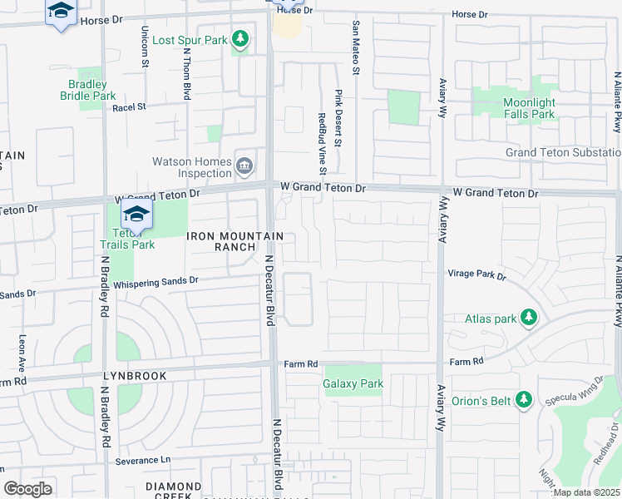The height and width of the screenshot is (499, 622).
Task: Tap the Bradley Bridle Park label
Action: coord(88,90)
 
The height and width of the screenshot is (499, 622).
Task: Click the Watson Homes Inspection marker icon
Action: coord(245,165)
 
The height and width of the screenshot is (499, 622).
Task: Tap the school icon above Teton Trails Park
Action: coord(136,215)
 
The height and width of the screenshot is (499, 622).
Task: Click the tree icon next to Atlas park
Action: coord(527,317)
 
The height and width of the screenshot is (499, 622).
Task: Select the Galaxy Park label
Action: coord(353,383)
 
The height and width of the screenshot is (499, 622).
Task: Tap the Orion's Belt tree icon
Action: coord(524,400)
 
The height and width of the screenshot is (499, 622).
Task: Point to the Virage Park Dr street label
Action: coord(477,274)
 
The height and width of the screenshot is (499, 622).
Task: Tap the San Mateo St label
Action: coord(356,48)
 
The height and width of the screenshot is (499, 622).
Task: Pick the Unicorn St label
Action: coord(146,46)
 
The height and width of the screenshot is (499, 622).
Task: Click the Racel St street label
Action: coord(129,106)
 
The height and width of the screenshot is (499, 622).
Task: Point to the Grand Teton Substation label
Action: coord(563,153)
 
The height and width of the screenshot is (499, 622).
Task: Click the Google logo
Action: coord(27,488)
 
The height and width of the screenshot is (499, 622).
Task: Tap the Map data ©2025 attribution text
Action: coord(586,492)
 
